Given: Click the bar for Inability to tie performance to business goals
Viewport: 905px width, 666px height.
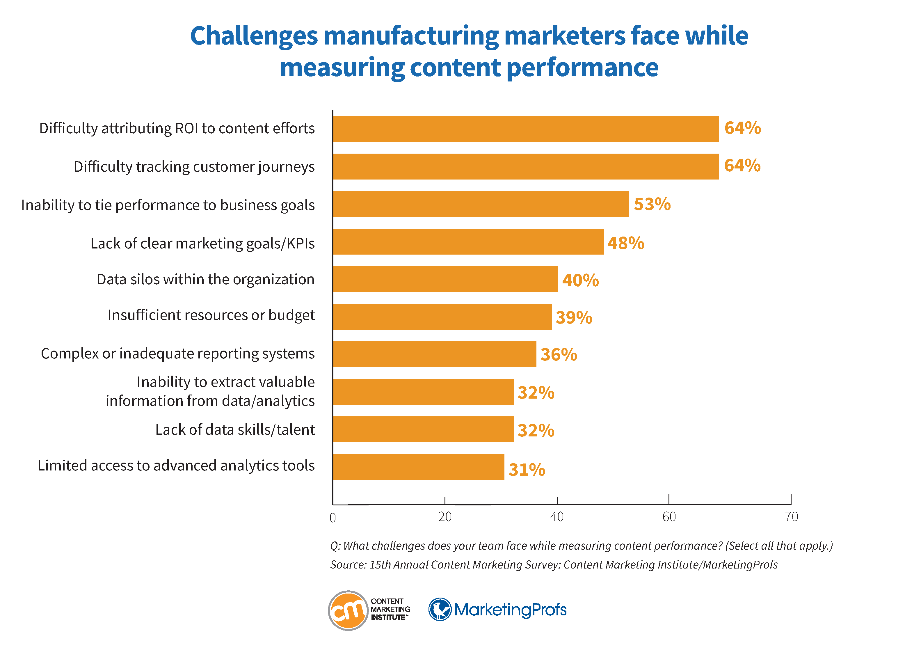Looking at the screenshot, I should pyautogui.click(x=481, y=204).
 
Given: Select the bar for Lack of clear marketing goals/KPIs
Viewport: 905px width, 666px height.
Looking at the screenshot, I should pyautogui.click(x=468, y=241).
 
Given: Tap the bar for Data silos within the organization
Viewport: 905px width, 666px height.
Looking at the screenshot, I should pyautogui.click(x=445, y=279).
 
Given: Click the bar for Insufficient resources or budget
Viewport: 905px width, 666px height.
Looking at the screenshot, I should pyautogui.click(x=442, y=317).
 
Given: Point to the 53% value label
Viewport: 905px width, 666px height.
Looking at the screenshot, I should pyautogui.click(x=652, y=204).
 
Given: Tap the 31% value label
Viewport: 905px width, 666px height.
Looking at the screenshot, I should pyautogui.click(x=527, y=470).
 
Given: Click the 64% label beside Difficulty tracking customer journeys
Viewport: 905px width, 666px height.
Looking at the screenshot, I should pyautogui.click(x=742, y=165).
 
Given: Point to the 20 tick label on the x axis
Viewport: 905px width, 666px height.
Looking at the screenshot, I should pyautogui.click(x=445, y=517).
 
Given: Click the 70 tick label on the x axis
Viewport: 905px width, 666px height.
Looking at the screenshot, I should pyautogui.click(x=791, y=517).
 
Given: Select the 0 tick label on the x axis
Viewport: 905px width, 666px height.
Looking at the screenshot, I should pyautogui.click(x=333, y=518).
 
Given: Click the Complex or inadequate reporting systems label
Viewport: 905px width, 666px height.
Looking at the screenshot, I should pyautogui.click(x=177, y=354).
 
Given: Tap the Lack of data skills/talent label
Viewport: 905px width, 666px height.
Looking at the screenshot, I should pyautogui.click(x=235, y=430).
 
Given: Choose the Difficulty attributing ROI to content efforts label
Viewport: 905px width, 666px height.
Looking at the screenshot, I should pyautogui.click(x=177, y=128).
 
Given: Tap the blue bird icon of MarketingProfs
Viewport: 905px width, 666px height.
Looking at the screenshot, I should pyautogui.click(x=439, y=609).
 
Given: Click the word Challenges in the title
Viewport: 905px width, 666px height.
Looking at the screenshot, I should pyautogui.click(x=254, y=36).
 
